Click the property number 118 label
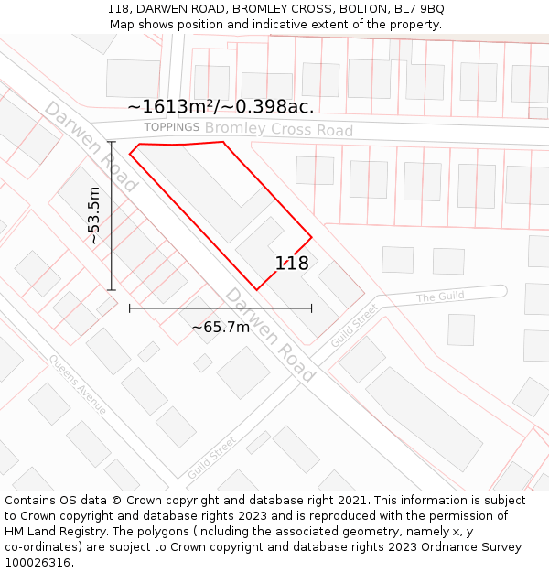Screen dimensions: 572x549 292,264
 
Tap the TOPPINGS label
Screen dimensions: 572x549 171,127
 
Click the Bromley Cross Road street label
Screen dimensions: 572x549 279,129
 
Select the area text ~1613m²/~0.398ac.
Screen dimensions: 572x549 221,106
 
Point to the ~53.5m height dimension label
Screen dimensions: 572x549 93,215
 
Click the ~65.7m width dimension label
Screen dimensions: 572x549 221,327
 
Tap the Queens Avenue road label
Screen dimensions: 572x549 78,384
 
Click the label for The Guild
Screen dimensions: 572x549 440,297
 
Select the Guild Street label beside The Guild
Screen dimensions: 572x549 354,325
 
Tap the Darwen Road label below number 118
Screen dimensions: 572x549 270,335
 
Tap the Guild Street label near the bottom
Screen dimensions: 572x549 211,459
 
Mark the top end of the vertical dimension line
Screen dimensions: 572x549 112,142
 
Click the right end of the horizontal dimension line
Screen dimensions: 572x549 311,308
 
